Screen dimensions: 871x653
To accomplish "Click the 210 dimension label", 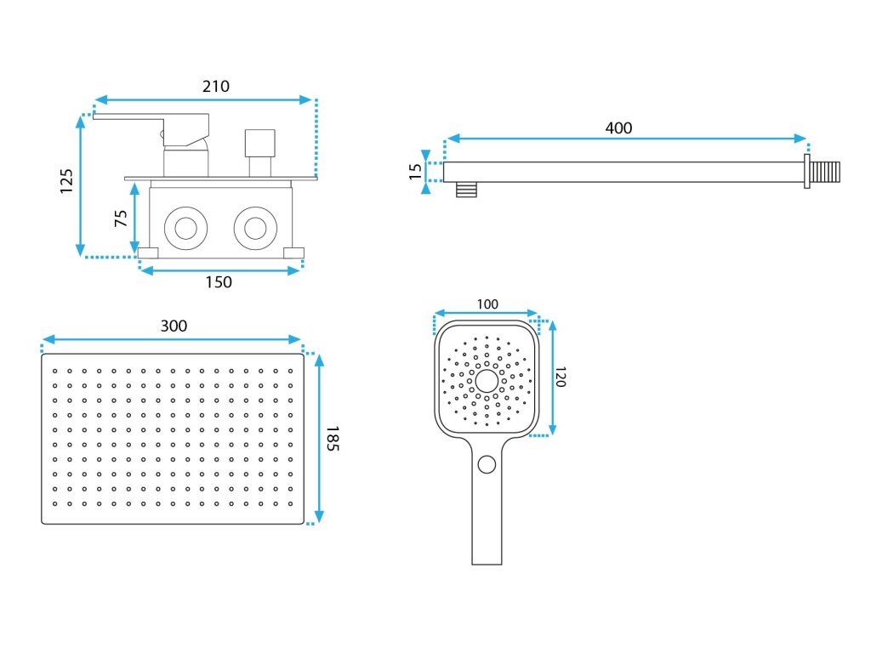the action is coord(215,86).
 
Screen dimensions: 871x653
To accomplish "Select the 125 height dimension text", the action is coord(67,181).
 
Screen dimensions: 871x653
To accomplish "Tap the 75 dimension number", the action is coord(120,219).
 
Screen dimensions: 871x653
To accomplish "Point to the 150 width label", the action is coord(219,282).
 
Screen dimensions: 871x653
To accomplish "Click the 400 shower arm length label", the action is coord(618,128).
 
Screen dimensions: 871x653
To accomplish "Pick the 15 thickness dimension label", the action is coord(415,172).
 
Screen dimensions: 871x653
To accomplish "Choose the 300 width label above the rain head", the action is coord(174,326).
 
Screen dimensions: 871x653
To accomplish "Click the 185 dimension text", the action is coord(332,439).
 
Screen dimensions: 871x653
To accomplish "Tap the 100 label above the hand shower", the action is coord(487,304).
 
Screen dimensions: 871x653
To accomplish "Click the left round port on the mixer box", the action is coord(185,228).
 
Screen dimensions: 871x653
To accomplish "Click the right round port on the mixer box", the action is coord(253,228).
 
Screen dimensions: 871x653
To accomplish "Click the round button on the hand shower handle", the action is coord(487,463).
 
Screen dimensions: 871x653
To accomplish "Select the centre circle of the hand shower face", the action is coord(487,380).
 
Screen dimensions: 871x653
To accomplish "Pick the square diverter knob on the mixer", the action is coord(260,143).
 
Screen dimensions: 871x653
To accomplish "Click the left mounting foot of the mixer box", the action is coord(149,252).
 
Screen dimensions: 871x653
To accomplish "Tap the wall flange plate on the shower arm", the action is coord(806,172).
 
